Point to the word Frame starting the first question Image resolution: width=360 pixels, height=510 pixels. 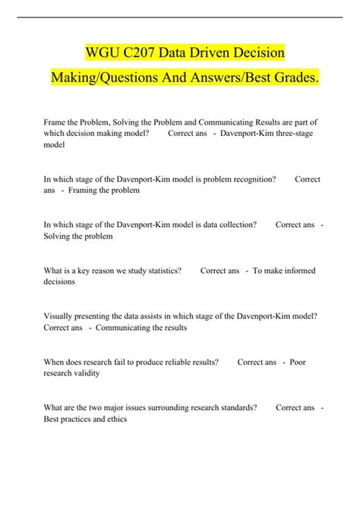(57, 122)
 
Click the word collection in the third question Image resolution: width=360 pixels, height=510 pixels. (232, 224)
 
